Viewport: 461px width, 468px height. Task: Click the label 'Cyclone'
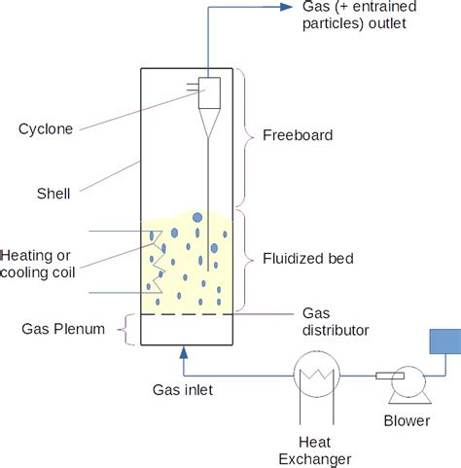[47, 128]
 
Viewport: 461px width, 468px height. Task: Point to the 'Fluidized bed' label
[307, 259]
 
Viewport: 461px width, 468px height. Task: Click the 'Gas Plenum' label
[62, 329]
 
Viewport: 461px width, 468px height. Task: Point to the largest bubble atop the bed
[197, 217]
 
